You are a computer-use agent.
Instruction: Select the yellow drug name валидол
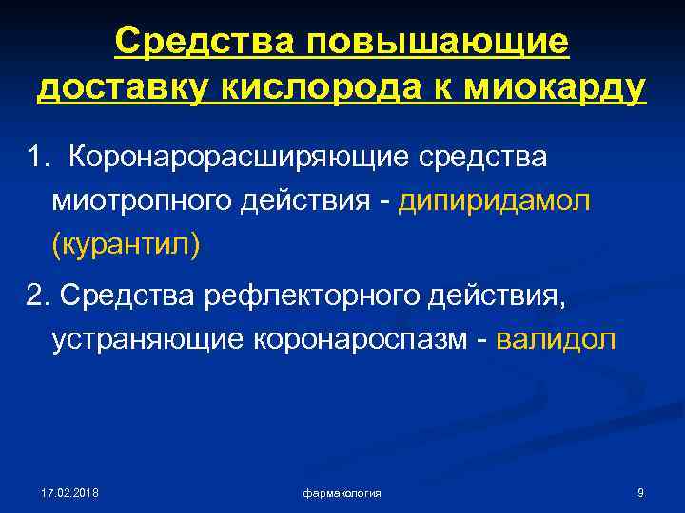[x=557, y=339]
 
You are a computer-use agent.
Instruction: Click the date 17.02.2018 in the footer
[x=69, y=492]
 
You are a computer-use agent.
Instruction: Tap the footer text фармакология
[x=342, y=493]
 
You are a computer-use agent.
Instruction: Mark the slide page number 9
[x=640, y=492]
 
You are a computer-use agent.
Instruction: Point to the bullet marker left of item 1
[x=13, y=155]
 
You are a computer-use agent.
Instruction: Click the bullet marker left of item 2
[x=13, y=295]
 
